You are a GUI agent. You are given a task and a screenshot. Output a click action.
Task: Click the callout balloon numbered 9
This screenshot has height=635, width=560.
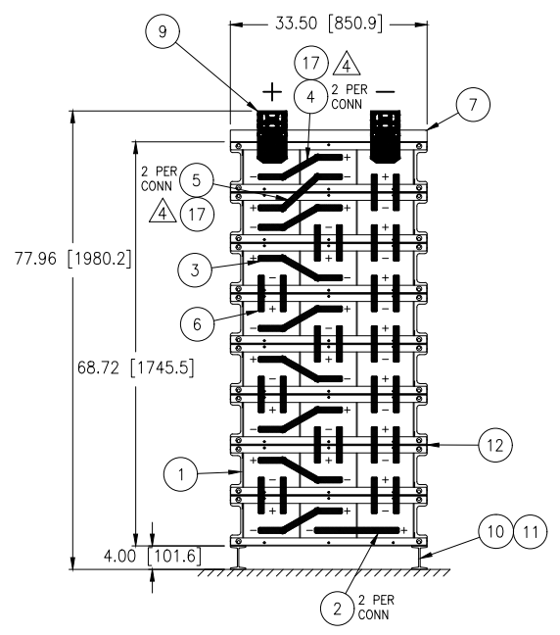click(163, 31)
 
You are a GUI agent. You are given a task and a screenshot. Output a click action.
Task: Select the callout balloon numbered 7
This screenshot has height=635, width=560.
click(473, 104)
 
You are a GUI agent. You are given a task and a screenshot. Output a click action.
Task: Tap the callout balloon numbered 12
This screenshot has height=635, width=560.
click(494, 445)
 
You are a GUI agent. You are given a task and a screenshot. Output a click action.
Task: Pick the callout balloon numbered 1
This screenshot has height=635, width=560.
click(181, 474)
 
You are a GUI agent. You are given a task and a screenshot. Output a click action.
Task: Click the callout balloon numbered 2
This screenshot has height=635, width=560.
click(337, 609)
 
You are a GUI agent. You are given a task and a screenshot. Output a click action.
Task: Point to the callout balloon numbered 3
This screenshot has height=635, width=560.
click(195, 269)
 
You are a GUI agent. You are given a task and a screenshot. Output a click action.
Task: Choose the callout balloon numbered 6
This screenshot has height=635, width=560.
click(197, 323)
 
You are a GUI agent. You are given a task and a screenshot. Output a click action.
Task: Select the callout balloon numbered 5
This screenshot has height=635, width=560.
click(196, 180)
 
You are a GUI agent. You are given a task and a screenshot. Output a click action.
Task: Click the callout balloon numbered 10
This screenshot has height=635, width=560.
click(495, 531)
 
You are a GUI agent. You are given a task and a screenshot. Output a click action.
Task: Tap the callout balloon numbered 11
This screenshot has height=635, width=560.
click(530, 531)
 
